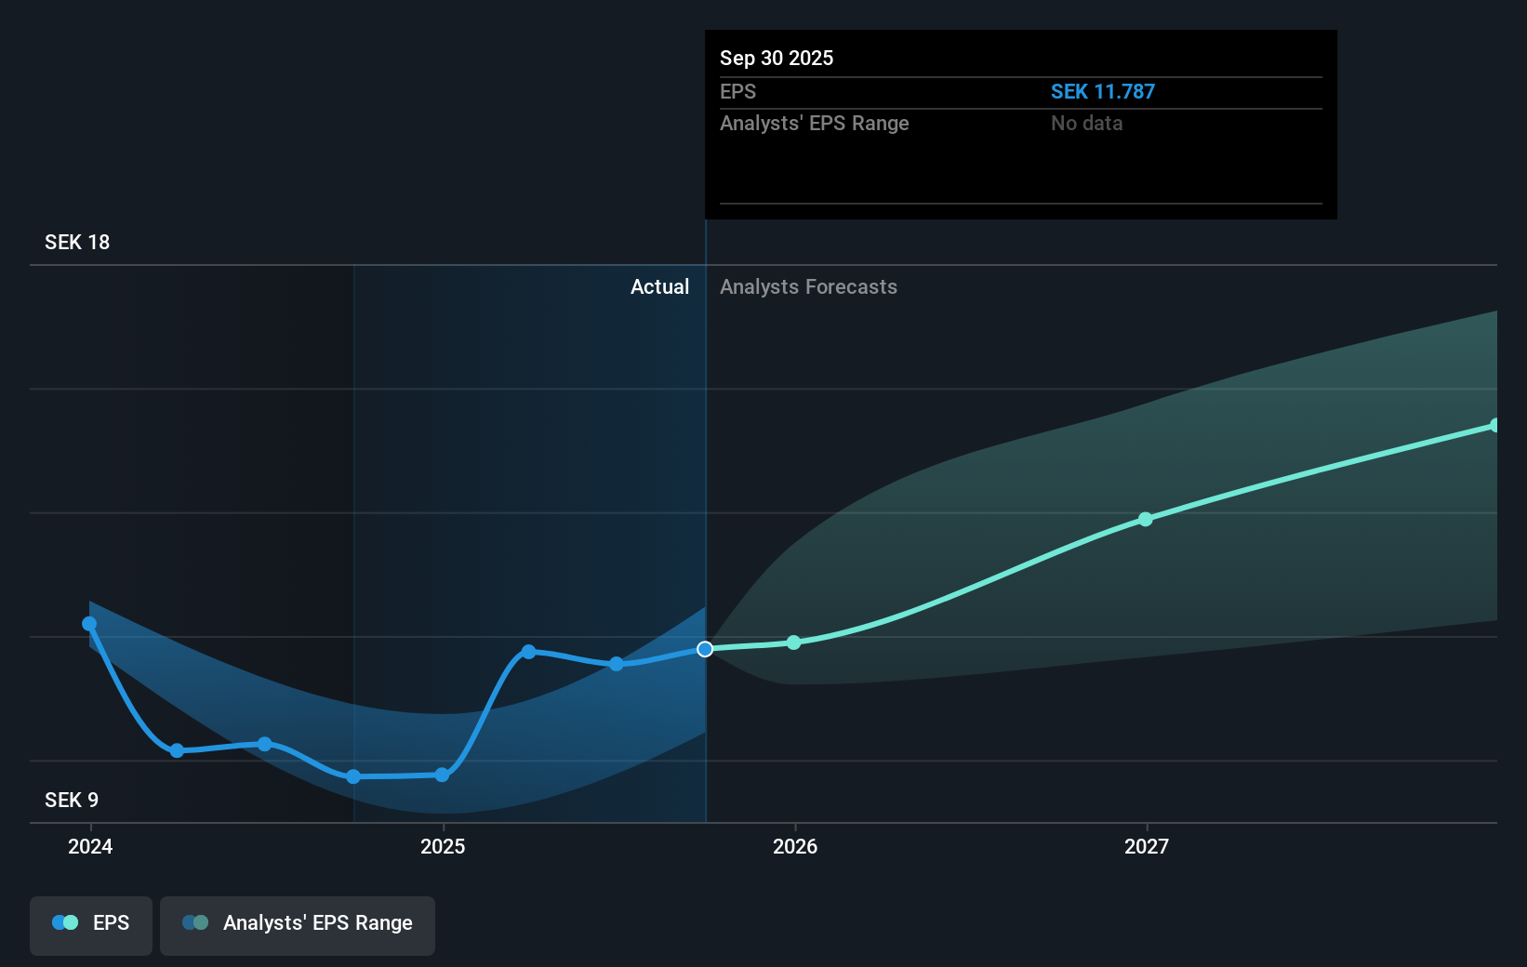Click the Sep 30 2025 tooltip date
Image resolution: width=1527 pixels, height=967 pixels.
(776, 58)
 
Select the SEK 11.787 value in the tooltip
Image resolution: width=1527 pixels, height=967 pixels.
(1102, 91)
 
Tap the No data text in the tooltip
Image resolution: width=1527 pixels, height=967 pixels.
(1086, 123)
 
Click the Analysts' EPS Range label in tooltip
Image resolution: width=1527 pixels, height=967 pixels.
(814, 123)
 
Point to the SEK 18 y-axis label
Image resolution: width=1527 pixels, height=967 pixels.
(77, 242)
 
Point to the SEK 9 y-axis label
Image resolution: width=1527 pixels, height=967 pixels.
(72, 800)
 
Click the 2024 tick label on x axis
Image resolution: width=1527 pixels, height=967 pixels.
(90, 846)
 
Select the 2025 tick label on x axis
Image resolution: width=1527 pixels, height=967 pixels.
(443, 846)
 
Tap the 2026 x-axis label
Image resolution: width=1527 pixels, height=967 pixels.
(795, 846)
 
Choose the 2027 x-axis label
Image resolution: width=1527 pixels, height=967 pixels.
(1147, 846)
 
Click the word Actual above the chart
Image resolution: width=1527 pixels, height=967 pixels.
(659, 286)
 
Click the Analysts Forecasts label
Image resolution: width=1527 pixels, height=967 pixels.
(808, 286)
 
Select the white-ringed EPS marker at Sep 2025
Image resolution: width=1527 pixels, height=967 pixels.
(705, 649)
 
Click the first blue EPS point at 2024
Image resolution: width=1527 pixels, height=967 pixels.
(89, 624)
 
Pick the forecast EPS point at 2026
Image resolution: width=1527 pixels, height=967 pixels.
(793, 642)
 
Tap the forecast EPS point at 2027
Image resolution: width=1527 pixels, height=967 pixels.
(1146, 519)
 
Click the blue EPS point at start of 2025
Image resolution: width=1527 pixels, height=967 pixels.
(443, 775)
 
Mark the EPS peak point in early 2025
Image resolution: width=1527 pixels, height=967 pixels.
(528, 652)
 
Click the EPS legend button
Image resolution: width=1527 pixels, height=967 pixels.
(91, 924)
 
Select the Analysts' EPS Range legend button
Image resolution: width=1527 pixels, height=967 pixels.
(298, 924)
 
